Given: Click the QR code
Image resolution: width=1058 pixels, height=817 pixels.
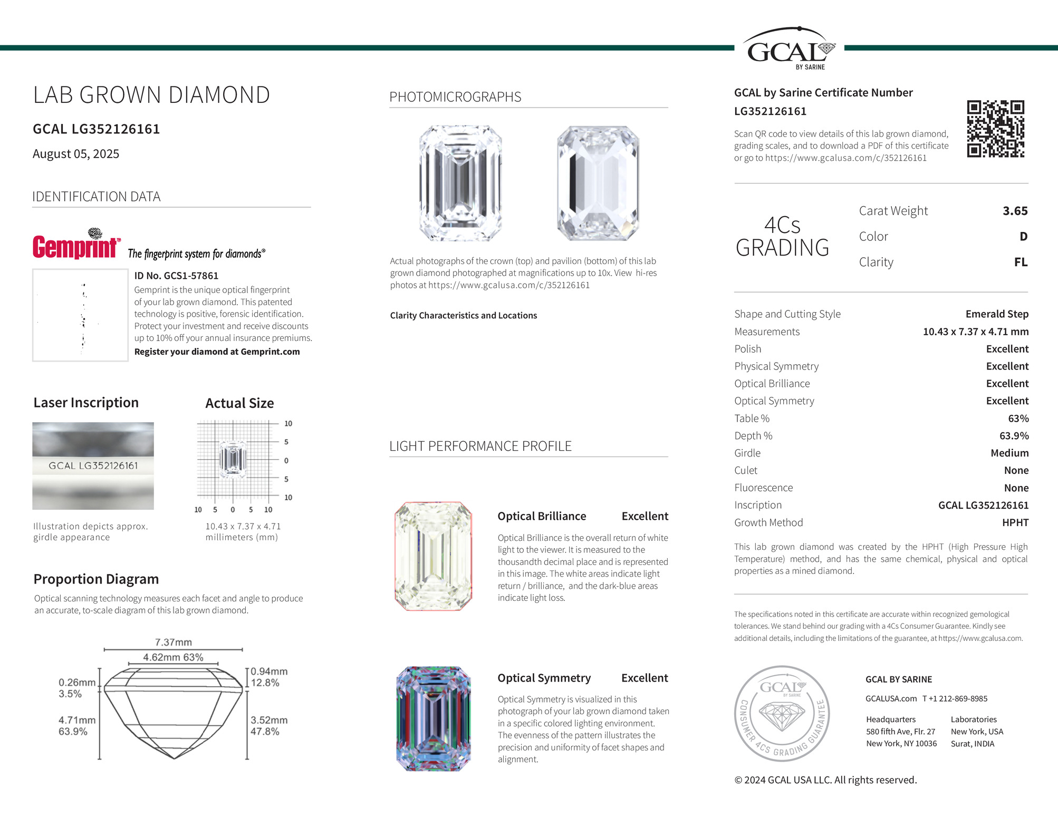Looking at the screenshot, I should (x=995, y=129).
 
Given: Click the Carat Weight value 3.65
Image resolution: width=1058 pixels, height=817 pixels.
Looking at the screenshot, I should (x=1015, y=211).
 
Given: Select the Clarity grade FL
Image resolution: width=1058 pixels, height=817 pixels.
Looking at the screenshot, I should (x=1021, y=262).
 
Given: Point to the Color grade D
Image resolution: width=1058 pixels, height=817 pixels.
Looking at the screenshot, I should (x=1023, y=236).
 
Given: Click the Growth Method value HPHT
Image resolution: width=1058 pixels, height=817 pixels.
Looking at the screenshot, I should (x=1015, y=522).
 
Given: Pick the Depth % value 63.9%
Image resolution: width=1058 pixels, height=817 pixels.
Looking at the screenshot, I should (x=1014, y=436).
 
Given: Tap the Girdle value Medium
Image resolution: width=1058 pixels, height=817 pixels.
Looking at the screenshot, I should (x=1009, y=453).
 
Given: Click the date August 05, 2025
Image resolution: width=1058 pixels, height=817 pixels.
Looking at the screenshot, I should (x=76, y=154).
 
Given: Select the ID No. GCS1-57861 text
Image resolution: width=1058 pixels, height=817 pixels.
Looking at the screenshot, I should (x=176, y=276).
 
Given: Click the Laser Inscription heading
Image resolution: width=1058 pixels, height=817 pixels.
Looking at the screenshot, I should (x=86, y=403).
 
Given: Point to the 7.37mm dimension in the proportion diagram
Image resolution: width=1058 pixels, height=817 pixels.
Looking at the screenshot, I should (x=173, y=642).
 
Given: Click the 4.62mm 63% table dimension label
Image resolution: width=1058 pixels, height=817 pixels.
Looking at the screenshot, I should (x=173, y=657).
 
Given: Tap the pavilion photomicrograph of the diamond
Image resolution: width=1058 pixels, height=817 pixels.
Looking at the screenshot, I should (x=598, y=183).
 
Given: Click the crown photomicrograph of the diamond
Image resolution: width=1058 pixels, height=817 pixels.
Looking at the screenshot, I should (x=460, y=183).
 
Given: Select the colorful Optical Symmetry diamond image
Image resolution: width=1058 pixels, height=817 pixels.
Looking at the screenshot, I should (x=433, y=719).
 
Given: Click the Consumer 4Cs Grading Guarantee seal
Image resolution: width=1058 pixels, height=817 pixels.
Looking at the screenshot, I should (x=782, y=713).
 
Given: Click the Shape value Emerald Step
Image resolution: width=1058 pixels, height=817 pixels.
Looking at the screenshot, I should (x=996, y=314).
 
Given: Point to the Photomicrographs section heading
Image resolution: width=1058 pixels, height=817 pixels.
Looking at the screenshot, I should (x=455, y=97).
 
